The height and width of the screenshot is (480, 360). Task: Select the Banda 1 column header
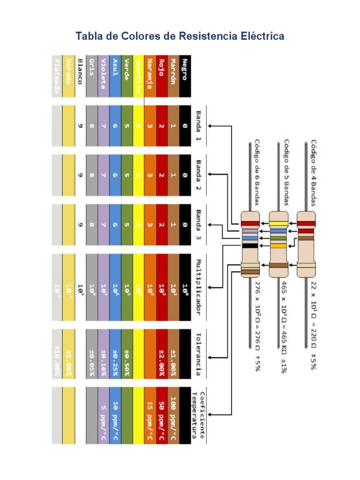[x=198, y=126]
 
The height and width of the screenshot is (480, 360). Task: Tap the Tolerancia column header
[x=198, y=354]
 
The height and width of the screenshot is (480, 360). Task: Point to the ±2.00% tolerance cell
[x=161, y=359]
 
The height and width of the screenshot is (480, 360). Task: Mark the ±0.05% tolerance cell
[x=92, y=359]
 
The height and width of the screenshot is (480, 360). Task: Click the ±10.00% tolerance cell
[x=57, y=359]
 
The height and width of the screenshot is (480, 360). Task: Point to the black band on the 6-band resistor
[x=250, y=245]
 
